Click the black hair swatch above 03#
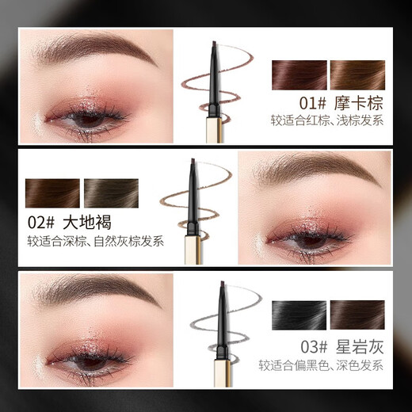point(299,315)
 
